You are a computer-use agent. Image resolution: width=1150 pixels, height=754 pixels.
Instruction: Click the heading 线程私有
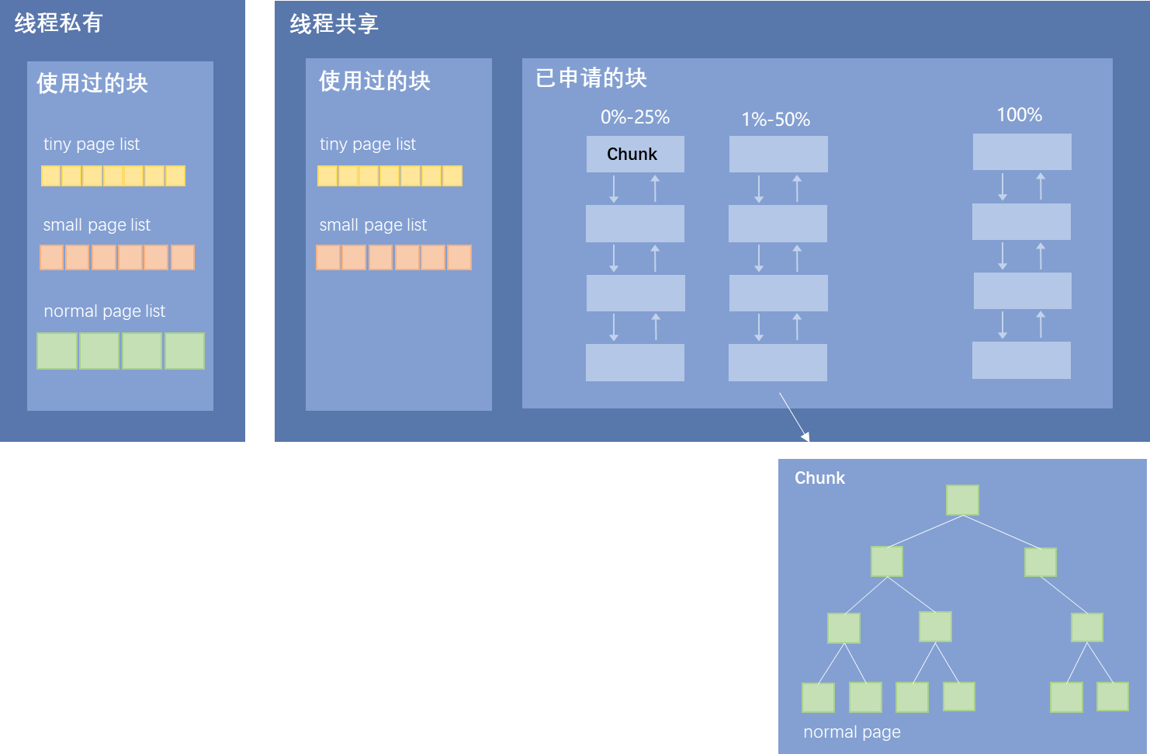58,23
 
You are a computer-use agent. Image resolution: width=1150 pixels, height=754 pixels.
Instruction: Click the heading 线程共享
334,24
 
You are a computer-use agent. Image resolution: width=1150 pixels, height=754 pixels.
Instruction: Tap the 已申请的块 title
591,78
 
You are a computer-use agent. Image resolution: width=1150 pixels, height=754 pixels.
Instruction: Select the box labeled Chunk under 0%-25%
635,154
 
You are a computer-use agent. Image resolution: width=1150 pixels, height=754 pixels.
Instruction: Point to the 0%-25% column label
635,117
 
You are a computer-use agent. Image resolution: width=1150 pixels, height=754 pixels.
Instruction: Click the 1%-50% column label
775,120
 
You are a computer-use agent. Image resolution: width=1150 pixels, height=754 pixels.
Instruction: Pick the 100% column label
1019,115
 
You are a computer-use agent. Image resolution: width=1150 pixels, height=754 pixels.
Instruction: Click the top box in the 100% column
1022,151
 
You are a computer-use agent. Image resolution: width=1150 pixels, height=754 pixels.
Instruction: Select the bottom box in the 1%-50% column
778,363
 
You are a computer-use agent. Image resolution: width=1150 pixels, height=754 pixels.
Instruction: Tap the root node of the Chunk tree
962,500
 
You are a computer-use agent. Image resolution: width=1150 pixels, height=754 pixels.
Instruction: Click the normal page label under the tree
851,731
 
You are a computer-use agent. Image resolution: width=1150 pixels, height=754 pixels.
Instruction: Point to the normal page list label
104,311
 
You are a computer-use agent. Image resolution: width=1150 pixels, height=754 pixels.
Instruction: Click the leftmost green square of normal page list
57,351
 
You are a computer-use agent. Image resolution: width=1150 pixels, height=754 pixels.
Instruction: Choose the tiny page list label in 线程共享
367,144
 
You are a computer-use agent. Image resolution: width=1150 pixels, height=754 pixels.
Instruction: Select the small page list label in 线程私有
96,225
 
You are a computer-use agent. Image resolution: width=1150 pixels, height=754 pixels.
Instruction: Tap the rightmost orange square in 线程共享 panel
459,257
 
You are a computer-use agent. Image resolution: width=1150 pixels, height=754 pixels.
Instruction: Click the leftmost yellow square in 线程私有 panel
50,176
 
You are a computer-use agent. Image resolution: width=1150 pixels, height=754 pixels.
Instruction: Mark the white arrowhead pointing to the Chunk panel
806,437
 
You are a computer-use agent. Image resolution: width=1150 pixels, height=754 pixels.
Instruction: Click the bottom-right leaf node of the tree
1112,697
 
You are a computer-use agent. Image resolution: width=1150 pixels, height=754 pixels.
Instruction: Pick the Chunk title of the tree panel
819,478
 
